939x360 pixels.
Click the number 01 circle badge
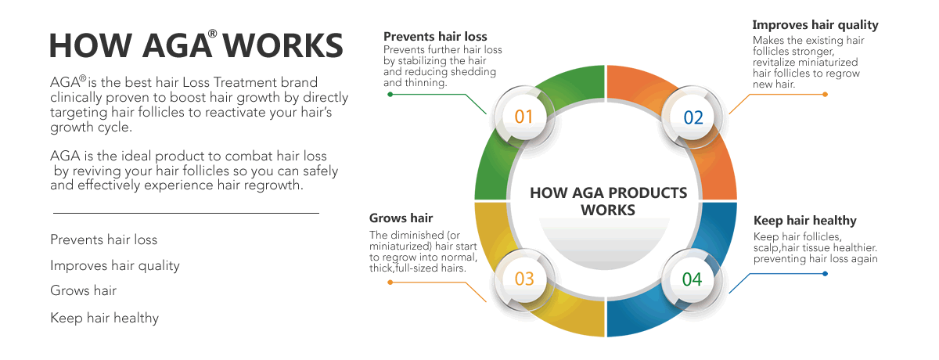[x=524, y=117]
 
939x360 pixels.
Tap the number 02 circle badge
[x=693, y=117]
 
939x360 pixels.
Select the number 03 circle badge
[x=524, y=279]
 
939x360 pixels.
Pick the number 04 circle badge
[x=692, y=279]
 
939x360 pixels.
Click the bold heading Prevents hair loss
[x=435, y=37]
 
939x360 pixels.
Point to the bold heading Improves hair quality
[x=815, y=25]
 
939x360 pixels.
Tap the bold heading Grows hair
[x=401, y=218]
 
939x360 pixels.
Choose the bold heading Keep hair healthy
[x=805, y=221]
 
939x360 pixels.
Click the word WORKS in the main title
[x=282, y=45]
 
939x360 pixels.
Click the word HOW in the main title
[x=91, y=45]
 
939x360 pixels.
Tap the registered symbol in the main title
[x=213, y=34]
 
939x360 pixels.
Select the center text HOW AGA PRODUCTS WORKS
[x=608, y=201]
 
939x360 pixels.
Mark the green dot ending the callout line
[x=390, y=94]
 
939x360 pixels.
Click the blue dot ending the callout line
[x=825, y=274]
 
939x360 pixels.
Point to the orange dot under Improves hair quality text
[x=825, y=94]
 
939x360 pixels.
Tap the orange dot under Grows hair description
[x=390, y=283]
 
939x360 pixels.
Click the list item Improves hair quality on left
[x=115, y=266]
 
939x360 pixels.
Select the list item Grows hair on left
[x=84, y=290]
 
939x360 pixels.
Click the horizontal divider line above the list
[x=186, y=213]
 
